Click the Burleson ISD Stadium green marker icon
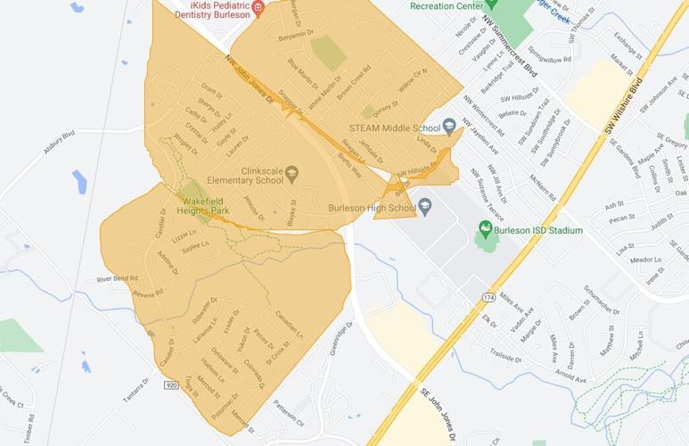coord(486,229)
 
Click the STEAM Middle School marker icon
coord(449,125)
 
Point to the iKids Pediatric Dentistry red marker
coord(258,9)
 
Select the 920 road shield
coord(171,385)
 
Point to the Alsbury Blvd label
coord(60,144)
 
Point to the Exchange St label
coord(628,40)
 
